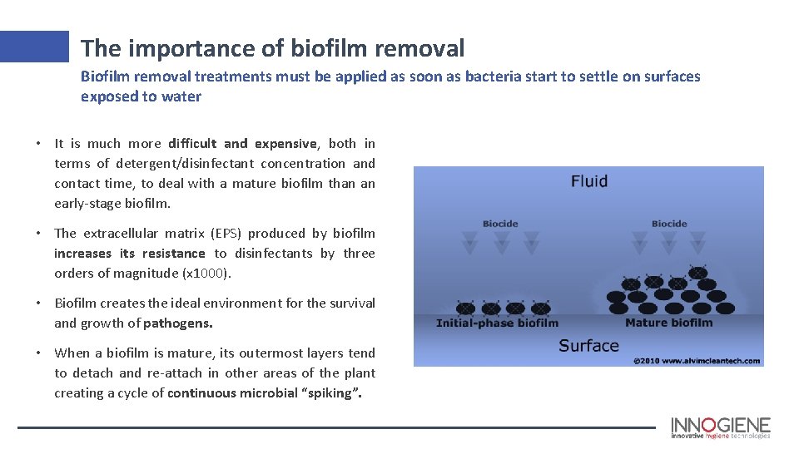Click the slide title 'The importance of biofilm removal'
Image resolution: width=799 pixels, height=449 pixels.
[272, 48]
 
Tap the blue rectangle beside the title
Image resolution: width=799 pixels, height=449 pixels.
[34, 47]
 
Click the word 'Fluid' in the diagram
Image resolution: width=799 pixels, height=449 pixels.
[588, 180]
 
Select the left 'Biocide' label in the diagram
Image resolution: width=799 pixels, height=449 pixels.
[500, 224]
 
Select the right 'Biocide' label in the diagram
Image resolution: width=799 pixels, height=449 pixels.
[668, 224]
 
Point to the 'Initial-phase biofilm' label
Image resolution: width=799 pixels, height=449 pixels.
[497, 323]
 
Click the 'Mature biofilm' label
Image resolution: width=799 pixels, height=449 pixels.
[668, 323]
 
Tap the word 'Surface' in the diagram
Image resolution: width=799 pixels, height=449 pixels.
[588, 345]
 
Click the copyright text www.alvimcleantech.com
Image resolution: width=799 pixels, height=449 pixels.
[697, 361]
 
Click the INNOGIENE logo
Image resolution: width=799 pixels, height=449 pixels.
[720, 427]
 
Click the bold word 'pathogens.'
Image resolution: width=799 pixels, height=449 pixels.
[178, 323]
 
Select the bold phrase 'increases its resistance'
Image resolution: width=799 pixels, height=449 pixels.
[129, 254]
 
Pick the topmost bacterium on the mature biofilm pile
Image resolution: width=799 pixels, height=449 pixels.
[697, 272]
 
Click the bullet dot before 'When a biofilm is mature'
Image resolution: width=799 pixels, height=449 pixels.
[39, 353]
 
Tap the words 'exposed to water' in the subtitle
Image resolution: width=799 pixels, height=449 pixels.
[141, 96]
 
